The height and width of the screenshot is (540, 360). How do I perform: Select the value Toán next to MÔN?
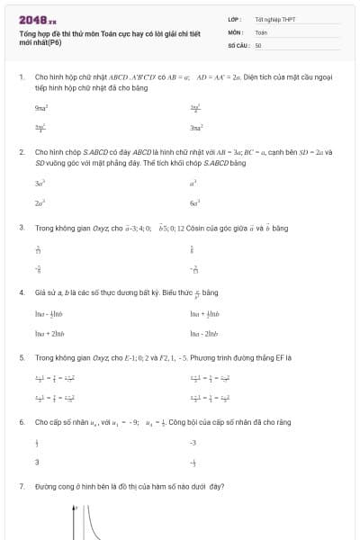261,31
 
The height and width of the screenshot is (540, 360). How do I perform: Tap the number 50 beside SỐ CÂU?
258,44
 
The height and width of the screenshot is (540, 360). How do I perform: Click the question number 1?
21,77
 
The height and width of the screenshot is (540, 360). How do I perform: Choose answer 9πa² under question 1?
40,108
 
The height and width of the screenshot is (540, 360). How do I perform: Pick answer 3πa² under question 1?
196,129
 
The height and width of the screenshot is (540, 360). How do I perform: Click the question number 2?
21,152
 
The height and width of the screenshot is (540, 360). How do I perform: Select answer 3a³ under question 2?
40,183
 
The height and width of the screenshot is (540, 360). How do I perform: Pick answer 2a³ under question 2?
40,203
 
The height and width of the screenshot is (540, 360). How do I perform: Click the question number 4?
21,292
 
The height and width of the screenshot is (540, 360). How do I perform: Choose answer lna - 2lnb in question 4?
205,334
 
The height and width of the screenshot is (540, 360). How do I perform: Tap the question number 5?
21,357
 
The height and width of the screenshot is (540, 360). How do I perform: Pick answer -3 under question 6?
193,443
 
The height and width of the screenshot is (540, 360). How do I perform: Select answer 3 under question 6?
37,463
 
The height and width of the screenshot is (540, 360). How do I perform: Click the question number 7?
21,486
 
